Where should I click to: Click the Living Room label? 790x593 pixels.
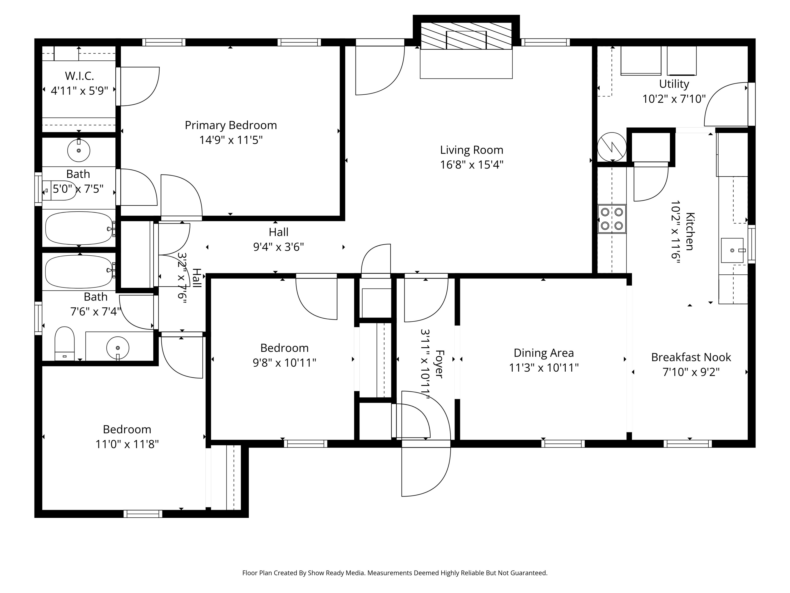[x=471, y=150]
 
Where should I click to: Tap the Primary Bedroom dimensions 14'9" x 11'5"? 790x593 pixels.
[x=231, y=140]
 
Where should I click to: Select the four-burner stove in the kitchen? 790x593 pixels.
[x=612, y=219]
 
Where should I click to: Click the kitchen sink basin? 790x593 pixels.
[x=732, y=250]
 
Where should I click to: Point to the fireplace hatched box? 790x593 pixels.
[x=466, y=36]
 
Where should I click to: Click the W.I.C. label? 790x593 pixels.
[x=79, y=76]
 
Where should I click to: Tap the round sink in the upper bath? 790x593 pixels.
[x=78, y=150]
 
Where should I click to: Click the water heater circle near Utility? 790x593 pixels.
[x=612, y=147]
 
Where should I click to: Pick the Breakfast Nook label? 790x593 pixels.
[x=691, y=357]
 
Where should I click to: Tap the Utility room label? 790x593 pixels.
[x=674, y=84]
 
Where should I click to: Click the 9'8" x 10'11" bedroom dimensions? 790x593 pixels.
[x=284, y=363]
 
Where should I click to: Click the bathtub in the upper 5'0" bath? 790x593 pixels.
[x=78, y=228]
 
